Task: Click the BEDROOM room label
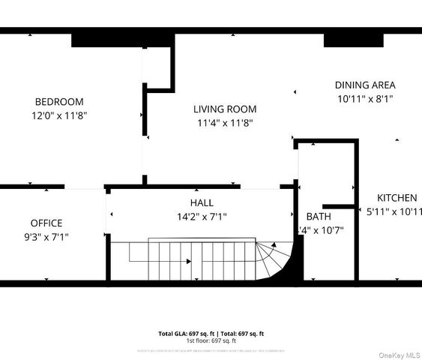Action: (x=59, y=102)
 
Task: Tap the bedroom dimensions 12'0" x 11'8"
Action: (x=59, y=115)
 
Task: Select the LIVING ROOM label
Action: (x=226, y=109)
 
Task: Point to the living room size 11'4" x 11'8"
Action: (x=226, y=122)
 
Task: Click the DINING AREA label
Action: (x=365, y=85)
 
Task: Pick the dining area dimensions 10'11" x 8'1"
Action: (x=365, y=98)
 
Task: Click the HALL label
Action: (x=201, y=203)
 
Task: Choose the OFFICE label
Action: (x=46, y=223)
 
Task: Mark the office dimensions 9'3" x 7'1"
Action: (x=46, y=236)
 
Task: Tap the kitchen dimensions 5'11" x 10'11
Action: (x=392, y=211)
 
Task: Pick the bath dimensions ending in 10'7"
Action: (x=322, y=230)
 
